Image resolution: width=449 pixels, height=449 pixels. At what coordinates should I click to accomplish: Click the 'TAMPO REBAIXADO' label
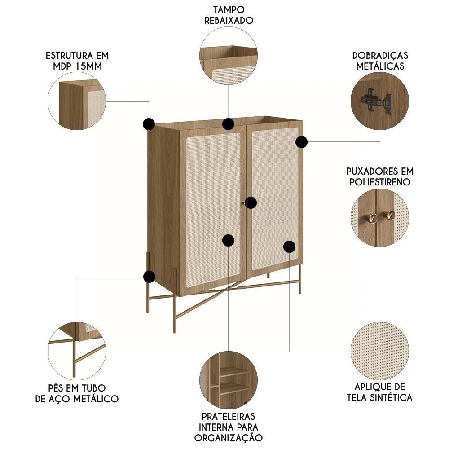tap(229, 15)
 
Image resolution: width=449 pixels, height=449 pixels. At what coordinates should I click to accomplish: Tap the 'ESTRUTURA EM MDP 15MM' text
tap(77, 61)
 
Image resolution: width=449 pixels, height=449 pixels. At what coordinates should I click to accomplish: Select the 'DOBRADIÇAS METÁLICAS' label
tap(380, 61)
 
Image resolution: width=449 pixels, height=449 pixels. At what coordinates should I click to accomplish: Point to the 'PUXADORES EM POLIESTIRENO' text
tap(380, 176)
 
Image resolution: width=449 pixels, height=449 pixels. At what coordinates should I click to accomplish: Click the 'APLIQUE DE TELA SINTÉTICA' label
tap(380, 392)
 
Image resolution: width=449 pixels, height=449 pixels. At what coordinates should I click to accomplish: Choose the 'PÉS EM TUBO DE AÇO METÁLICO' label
tap(77, 392)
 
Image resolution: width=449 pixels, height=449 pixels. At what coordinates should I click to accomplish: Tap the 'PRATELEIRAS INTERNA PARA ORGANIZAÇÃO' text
tap(229, 427)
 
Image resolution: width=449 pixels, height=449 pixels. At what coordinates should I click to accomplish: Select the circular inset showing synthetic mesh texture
tap(380, 351)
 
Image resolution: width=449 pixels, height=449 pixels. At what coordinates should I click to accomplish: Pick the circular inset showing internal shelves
tap(229, 379)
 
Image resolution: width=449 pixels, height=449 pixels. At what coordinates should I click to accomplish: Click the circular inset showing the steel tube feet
tap(77, 351)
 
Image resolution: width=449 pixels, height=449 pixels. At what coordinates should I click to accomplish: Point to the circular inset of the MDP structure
tap(77, 101)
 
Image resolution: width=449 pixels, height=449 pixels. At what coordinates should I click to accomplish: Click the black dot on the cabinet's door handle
tap(251, 202)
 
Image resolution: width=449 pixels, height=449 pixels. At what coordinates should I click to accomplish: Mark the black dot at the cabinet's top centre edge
tap(229, 124)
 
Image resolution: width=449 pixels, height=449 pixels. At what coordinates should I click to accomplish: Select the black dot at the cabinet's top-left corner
tap(149, 124)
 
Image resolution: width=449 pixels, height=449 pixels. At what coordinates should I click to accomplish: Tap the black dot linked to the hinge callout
tap(301, 142)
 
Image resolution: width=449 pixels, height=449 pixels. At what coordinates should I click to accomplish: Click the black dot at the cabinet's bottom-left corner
tap(149, 277)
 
